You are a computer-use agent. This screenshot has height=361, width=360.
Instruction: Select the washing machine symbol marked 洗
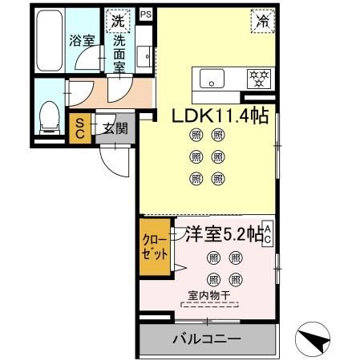pyautogui.click(x=119, y=20)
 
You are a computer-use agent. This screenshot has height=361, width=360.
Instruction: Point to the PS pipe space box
pyautogui.click(x=144, y=14)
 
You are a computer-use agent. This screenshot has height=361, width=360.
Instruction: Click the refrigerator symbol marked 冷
pyautogui.click(x=261, y=21)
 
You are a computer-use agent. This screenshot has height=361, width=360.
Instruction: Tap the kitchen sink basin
pyautogui.click(x=214, y=79)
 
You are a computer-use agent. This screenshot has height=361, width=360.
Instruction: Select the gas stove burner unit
pyautogui.click(x=258, y=79)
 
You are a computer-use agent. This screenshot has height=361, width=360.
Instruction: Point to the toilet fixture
pyautogui.click(x=49, y=119)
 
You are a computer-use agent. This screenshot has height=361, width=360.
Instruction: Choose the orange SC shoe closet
pyautogui.click(x=80, y=128)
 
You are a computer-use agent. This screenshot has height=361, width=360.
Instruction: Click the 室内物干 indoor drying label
pyautogui.click(x=208, y=296)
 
